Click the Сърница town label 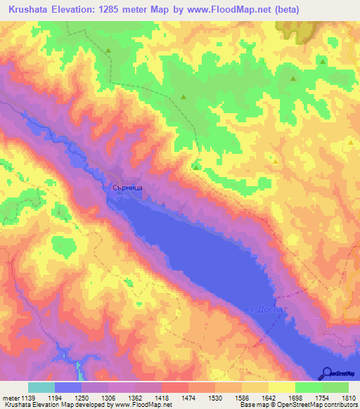pos(128,188)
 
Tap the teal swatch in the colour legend pos(41,387)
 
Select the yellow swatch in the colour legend pos(281,387)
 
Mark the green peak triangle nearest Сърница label pos(195,167)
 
